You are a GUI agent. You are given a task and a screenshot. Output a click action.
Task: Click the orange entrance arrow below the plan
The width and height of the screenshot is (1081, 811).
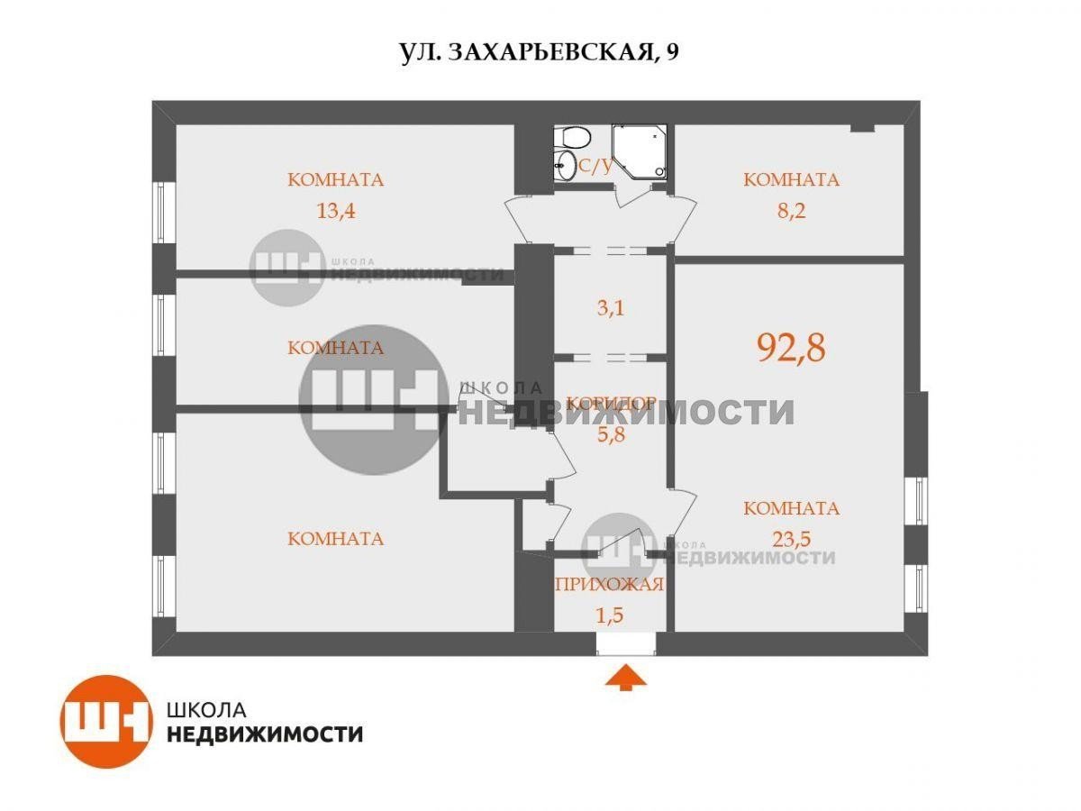pyautogui.click(x=625, y=677)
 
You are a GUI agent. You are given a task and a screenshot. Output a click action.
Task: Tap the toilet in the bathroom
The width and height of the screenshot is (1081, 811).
pyautogui.click(x=571, y=137)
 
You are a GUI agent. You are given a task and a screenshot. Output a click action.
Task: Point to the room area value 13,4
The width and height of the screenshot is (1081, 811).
pyautogui.click(x=335, y=211)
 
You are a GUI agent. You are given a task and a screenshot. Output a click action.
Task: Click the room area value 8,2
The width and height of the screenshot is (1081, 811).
pyautogui.click(x=791, y=211)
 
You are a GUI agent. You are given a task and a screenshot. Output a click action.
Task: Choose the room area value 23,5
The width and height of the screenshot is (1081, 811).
pyautogui.click(x=791, y=539)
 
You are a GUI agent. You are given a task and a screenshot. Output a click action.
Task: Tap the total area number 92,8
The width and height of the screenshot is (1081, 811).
pyautogui.click(x=791, y=348)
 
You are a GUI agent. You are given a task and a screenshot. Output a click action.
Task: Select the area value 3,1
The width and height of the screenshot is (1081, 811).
pyautogui.click(x=610, y=308)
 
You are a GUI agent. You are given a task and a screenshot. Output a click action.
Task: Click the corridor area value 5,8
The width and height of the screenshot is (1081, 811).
pyautogui.click(x=611, y=435)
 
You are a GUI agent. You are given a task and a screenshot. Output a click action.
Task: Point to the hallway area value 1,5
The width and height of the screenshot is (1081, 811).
pyautogui.click(x=610, y=615)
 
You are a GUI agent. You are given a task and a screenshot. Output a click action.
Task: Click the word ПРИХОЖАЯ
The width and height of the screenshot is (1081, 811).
pyautogui.click(x=610, y=585)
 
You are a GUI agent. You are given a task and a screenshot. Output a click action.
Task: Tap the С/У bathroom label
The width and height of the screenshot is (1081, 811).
pyautogui.click(x=596, y=167)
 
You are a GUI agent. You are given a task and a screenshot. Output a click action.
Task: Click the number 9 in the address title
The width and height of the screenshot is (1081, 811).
pyautogui.click(x=672, y=51)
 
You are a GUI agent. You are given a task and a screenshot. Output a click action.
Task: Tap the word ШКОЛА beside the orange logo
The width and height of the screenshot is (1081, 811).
pyautogui.click(x=206, y=710)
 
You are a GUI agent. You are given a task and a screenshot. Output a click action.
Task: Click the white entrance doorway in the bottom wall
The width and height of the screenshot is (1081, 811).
pyautogui.click(x=626, y=643)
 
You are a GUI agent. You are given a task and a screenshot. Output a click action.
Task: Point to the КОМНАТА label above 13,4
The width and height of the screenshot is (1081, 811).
pyautogui.click(x=335, y=179)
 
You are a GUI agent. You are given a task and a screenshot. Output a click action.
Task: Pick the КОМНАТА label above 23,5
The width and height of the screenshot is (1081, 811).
pyautogui.click(x=791, y=508)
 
